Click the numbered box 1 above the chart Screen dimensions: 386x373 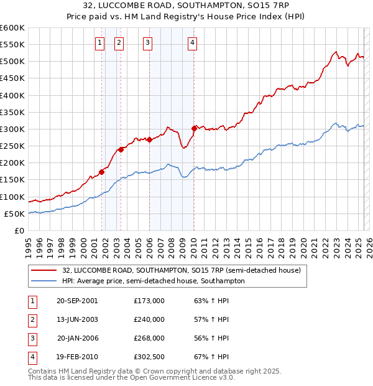99,43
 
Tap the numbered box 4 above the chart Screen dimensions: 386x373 193,43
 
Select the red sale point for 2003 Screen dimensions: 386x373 121,149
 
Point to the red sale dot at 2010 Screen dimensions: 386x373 195,128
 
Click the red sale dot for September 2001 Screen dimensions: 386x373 101,172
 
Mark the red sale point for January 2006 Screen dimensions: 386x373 149,140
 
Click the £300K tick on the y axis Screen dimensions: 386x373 12,129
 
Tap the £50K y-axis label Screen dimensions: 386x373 14,214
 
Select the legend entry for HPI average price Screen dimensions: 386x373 153,281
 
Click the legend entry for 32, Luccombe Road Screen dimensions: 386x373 181,270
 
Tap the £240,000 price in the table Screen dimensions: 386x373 149,319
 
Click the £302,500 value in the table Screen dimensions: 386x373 149,357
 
